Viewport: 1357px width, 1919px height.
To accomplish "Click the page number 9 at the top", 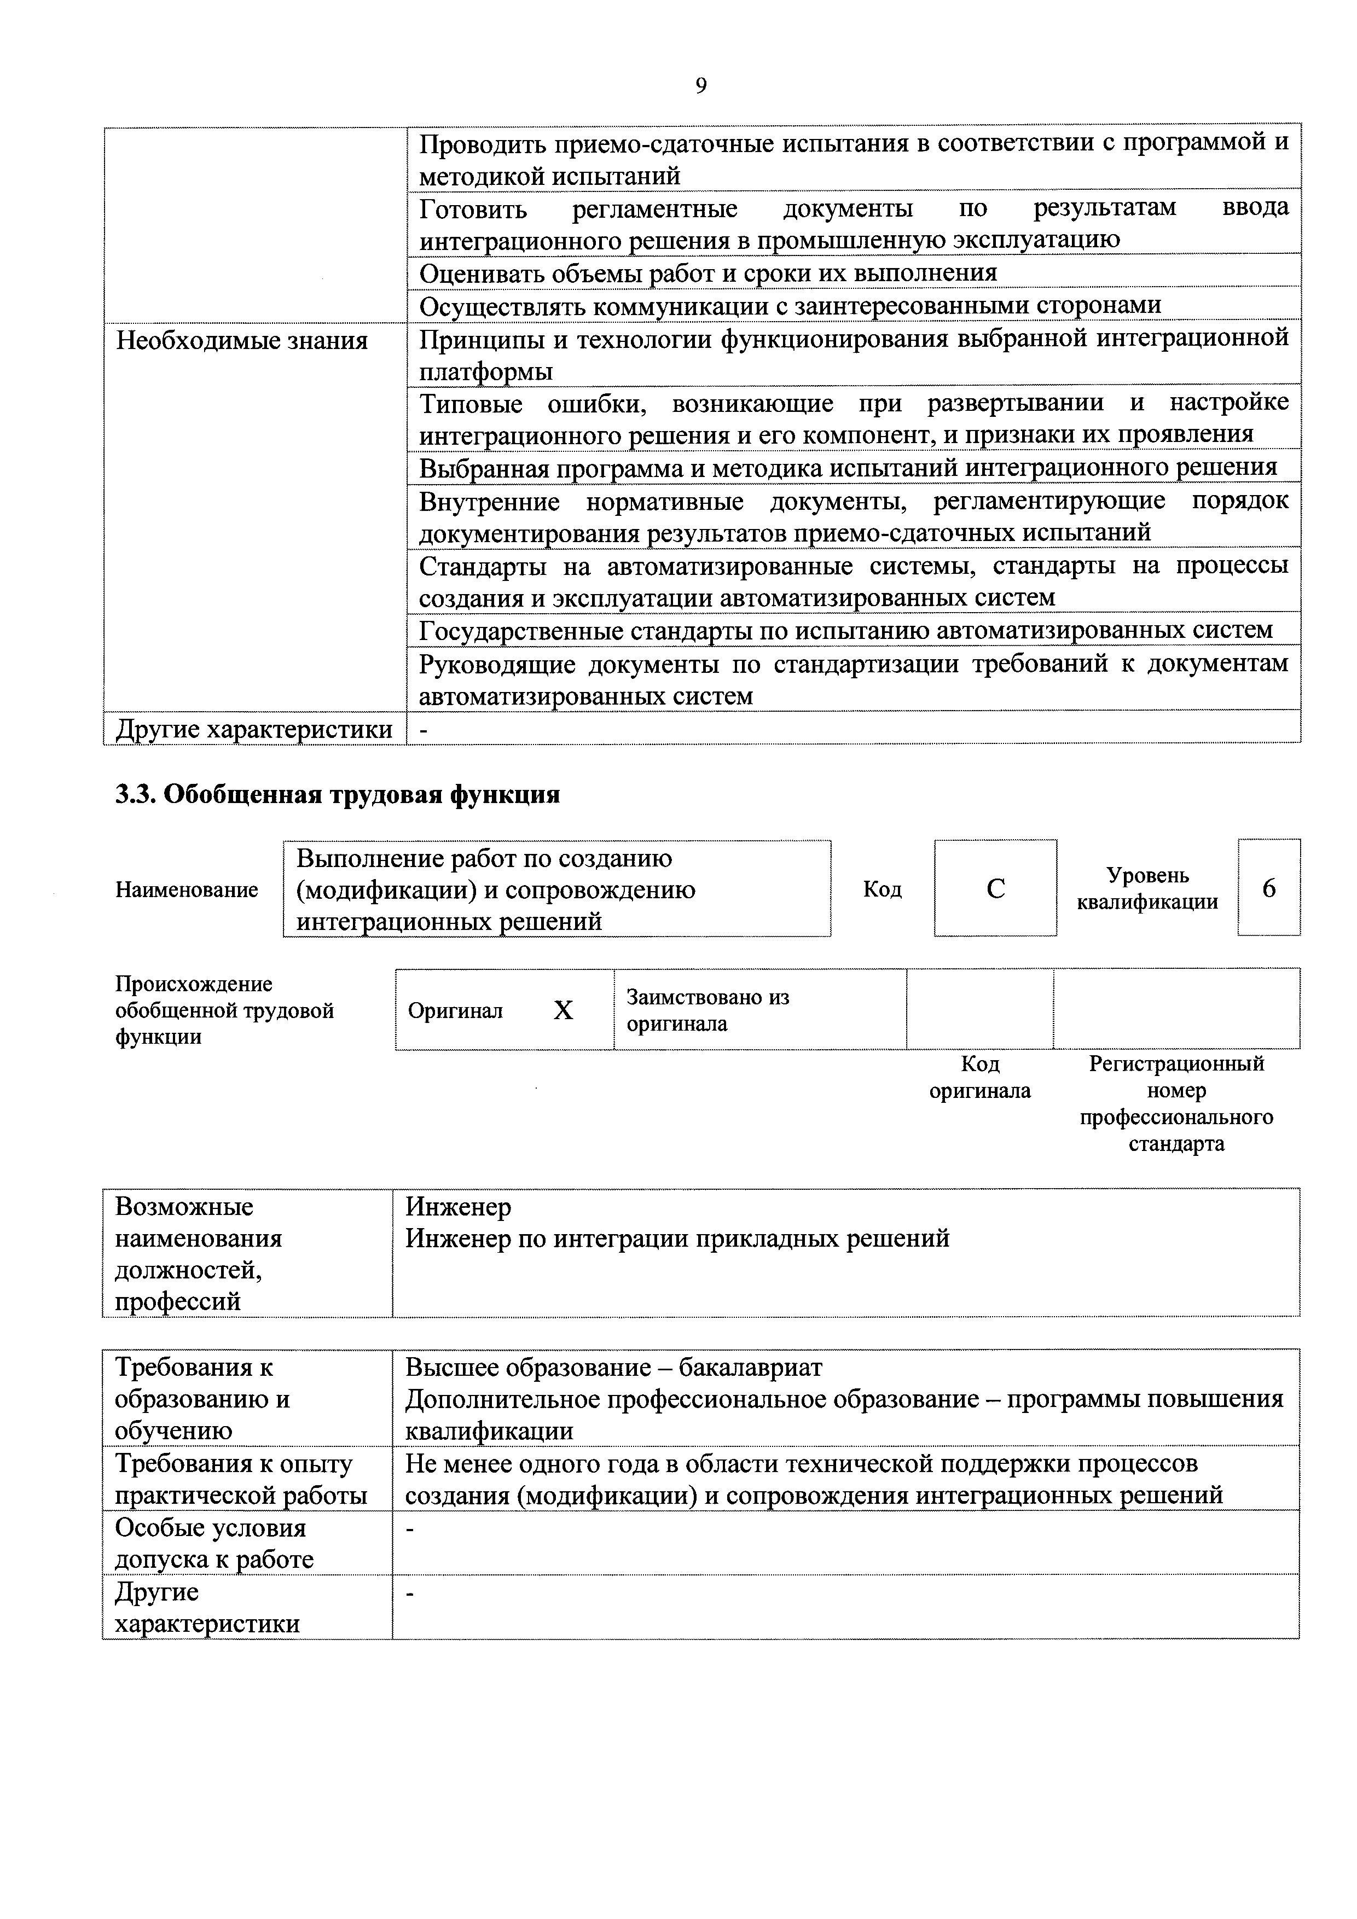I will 700,86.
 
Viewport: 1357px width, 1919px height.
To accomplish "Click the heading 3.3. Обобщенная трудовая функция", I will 337,794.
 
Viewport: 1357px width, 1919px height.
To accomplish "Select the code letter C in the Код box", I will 995,888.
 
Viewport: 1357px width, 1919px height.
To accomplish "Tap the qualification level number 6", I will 1268,888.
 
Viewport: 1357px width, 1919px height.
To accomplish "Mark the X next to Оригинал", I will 564,1010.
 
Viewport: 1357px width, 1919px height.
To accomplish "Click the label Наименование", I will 187,890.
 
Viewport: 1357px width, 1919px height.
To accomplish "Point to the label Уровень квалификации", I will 1147,888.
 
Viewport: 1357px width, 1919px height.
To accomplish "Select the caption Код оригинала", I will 980,1077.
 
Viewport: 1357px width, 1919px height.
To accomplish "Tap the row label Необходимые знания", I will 242,341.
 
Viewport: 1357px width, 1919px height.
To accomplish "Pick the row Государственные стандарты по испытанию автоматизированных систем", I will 845,629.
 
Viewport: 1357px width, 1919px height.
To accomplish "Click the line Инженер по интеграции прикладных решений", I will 677,1238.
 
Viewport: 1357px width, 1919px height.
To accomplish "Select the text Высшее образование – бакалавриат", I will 614,1368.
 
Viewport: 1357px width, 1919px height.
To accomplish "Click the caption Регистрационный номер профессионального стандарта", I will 1175,1103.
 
